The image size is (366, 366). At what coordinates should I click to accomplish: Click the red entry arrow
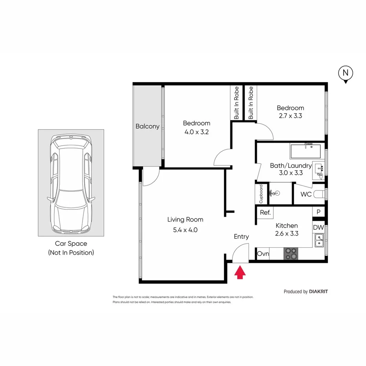point(239,273)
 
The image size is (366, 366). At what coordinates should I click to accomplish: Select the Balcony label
point(147,126)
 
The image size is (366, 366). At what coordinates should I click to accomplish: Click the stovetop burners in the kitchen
point(291,254)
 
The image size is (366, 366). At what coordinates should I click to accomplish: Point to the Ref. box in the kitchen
point(265,212)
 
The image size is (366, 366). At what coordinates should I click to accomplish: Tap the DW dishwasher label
point(318,227)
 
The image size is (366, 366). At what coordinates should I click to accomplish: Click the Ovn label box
point(263,254)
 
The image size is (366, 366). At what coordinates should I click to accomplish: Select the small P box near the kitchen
point(318,212)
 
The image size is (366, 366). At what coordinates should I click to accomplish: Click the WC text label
point(306,194)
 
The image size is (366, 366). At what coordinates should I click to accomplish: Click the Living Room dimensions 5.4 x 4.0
point(185,230)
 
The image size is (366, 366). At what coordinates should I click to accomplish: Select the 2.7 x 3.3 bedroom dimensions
point(290,116)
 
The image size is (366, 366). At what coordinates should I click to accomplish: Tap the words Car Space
point(71,243)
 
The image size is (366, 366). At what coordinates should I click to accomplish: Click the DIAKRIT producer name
point(318,292)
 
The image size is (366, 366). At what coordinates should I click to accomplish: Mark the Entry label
point(241,236)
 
